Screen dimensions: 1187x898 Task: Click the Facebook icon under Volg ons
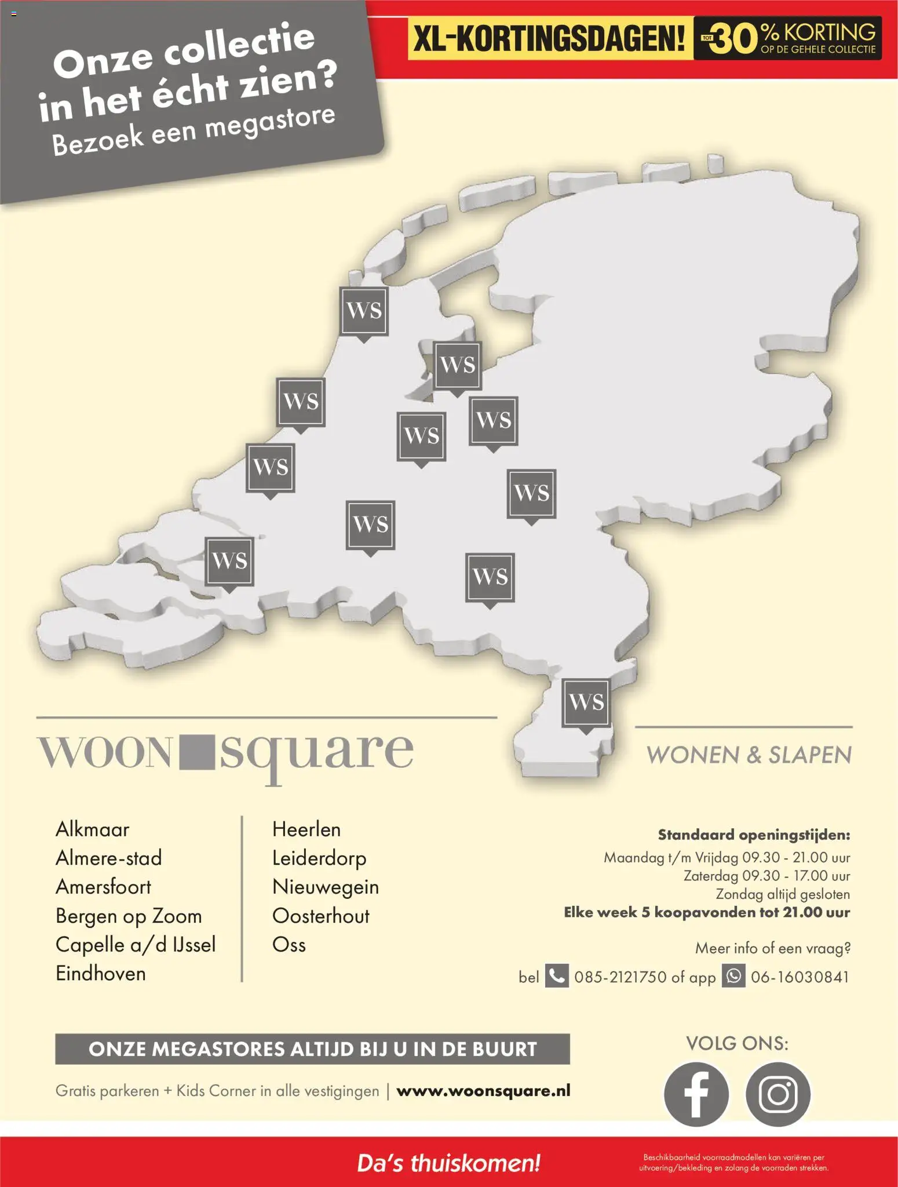pyautogui.click(x=696, y=1094)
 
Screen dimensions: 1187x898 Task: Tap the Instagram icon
pyautogui.click(x=778, y=1094)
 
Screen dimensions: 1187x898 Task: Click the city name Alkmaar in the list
pyautogui.click(x=92, y=829)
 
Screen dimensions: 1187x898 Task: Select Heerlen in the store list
pyautogui.click(x=306, y=829)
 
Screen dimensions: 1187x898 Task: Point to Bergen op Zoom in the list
pyautogui.click(x=129, y=916)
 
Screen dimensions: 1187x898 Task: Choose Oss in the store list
pyautogui.click(x=289, y=945)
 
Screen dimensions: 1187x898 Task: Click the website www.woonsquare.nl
pyautogui.click(x=483, y=1091)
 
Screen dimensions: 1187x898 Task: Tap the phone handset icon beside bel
pyautogui.click(x=557, y=976)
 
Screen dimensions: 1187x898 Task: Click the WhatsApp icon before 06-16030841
pyautogui.click(x=733, y=976)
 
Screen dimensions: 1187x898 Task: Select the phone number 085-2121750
pyautogui.click(x=620, y=977)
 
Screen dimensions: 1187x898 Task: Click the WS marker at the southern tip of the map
pyautogui.click(x=586, y=702)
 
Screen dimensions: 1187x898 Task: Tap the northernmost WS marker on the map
pyautogui.click(x=364, y=311)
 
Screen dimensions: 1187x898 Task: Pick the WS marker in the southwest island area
pyautogui.click(x=229, y=561)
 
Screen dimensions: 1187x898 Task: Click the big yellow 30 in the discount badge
pyautogui.click(x=735, y=39)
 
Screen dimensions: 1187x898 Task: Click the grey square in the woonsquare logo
pyautogui.click(x=197, y=753)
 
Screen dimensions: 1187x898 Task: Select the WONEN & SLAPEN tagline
pyautogui.click(x=749, y=755)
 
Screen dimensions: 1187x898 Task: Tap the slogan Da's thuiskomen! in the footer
pyautogui.click(x=448, y=1163)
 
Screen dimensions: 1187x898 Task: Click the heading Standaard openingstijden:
pyautogui.click(x=754, y=835)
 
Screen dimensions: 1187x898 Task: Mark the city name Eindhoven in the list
pyautogui.click(x=101, y=974)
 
